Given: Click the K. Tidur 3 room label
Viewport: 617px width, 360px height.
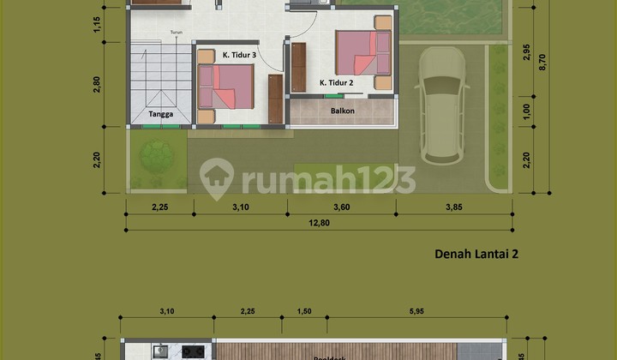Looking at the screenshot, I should click(239, 56).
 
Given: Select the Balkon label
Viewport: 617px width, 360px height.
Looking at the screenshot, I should click(343, 111).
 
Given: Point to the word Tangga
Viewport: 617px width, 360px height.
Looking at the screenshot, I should click(161, 114).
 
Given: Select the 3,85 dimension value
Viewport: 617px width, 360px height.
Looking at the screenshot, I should click(453, 206).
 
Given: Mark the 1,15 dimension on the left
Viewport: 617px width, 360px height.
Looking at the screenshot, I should click(99, 26).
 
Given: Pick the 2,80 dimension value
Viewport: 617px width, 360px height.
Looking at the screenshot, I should click(99, 83).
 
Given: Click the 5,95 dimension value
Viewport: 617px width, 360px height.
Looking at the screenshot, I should click(419, 311).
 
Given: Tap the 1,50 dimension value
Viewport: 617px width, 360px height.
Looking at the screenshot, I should click(305, 311).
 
